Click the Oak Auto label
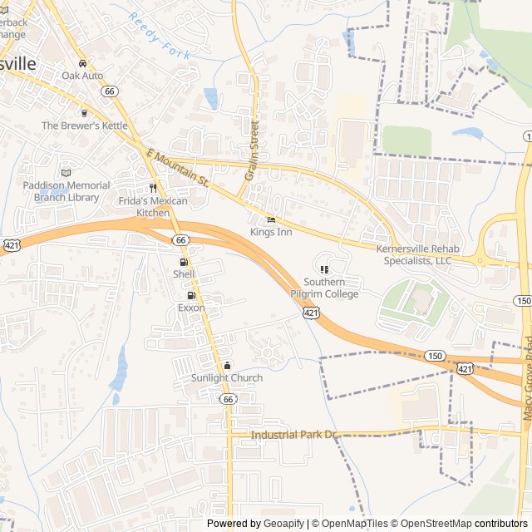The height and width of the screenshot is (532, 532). (x=82, y=76)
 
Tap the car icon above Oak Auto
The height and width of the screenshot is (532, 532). (x=82, y=63)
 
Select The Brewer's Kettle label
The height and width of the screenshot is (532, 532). (x=85, y=126)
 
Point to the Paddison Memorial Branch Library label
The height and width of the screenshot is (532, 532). (x=66, y=191)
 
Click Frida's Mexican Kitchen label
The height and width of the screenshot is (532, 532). (x=153, y=207)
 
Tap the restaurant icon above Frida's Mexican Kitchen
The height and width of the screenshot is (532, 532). (x=152, y=188)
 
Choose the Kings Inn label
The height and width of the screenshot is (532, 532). (x=271, y=233)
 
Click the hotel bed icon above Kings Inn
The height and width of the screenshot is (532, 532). (x=271, y=219)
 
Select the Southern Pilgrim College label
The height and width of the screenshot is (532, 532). (x=324, y=288)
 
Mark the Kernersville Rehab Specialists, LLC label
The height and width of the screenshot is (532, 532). (x=414, y=254)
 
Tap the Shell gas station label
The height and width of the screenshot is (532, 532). (x=184, y=273)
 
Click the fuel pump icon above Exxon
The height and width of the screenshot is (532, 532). (x=191, y=295)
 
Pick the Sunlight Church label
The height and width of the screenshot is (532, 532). (x=227, y=378)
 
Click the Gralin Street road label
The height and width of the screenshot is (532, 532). (x=253, y=150)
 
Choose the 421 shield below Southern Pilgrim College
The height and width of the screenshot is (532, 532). (x=310, y=312)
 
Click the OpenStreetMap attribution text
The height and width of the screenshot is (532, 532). (x=431, y=524)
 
